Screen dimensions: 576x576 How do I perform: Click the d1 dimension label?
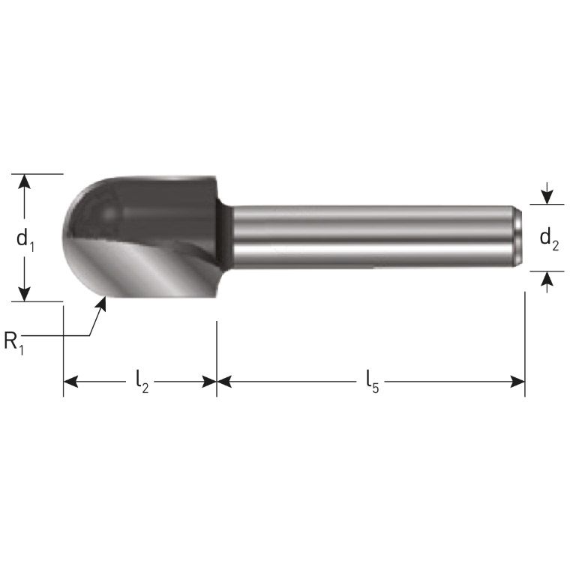coord(25,239)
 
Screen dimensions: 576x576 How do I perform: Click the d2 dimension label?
coord(550,239)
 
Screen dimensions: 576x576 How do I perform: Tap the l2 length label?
coord(141,382)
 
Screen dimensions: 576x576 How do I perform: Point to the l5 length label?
coord(372,382)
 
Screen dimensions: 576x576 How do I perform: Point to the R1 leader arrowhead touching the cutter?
coord(103,302)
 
